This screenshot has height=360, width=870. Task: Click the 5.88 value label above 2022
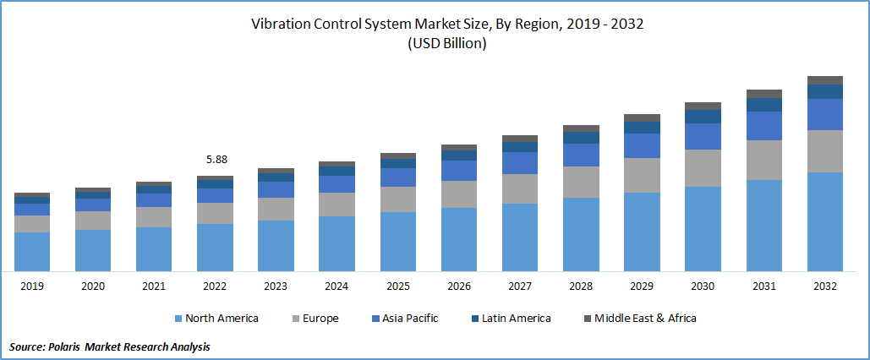pyautogui.click(x=216, y=159)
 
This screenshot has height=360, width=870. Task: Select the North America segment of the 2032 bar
pyautogui.click(x=825, y=221)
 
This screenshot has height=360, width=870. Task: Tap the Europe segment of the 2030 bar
pyautogui.click(x=703, y=168)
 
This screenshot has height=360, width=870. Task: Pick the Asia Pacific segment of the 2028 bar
pyautogui.click(x=581, y=155)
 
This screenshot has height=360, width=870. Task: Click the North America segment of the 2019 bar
pyautogui.click(x=32, y=251)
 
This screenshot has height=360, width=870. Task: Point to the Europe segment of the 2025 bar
pyautogui.click(x=398, y=199)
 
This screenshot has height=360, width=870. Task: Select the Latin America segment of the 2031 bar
pyautogui.click(x=764, y=105)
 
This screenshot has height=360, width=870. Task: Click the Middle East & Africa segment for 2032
pyautogui.click(x=825, y=80)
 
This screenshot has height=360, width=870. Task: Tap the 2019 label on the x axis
pyautogui.click(x=32, y=286)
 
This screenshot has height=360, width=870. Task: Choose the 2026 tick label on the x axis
pyautogui.click(x=459, y=286)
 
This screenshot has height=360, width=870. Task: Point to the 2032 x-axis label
pyautogui.click(x=825, y=286)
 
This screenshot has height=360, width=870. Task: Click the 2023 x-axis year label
pyautogui.click(x=276, y=286)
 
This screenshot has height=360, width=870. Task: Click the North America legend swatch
pyautogui.click(x=178, y=319)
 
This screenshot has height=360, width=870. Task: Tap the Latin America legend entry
pyautogui.click(x=516, y=319)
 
